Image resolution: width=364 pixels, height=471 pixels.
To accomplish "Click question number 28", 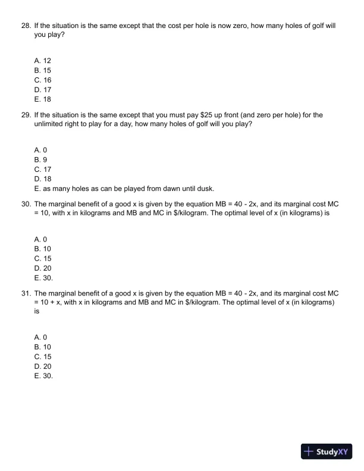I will point(26,27).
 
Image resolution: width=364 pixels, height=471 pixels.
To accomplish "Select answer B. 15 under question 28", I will point(43,70).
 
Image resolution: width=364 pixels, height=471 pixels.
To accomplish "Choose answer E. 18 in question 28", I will point(43,100).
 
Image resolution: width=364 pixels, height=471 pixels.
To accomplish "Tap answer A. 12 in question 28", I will point(43,60).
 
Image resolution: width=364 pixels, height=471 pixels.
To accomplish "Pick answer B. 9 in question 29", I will point(40,159).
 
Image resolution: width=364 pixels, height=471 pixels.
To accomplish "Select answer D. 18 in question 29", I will point(43,179).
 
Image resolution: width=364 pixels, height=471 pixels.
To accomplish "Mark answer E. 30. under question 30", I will point(43,277).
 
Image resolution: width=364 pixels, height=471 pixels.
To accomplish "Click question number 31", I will point(26,293).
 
